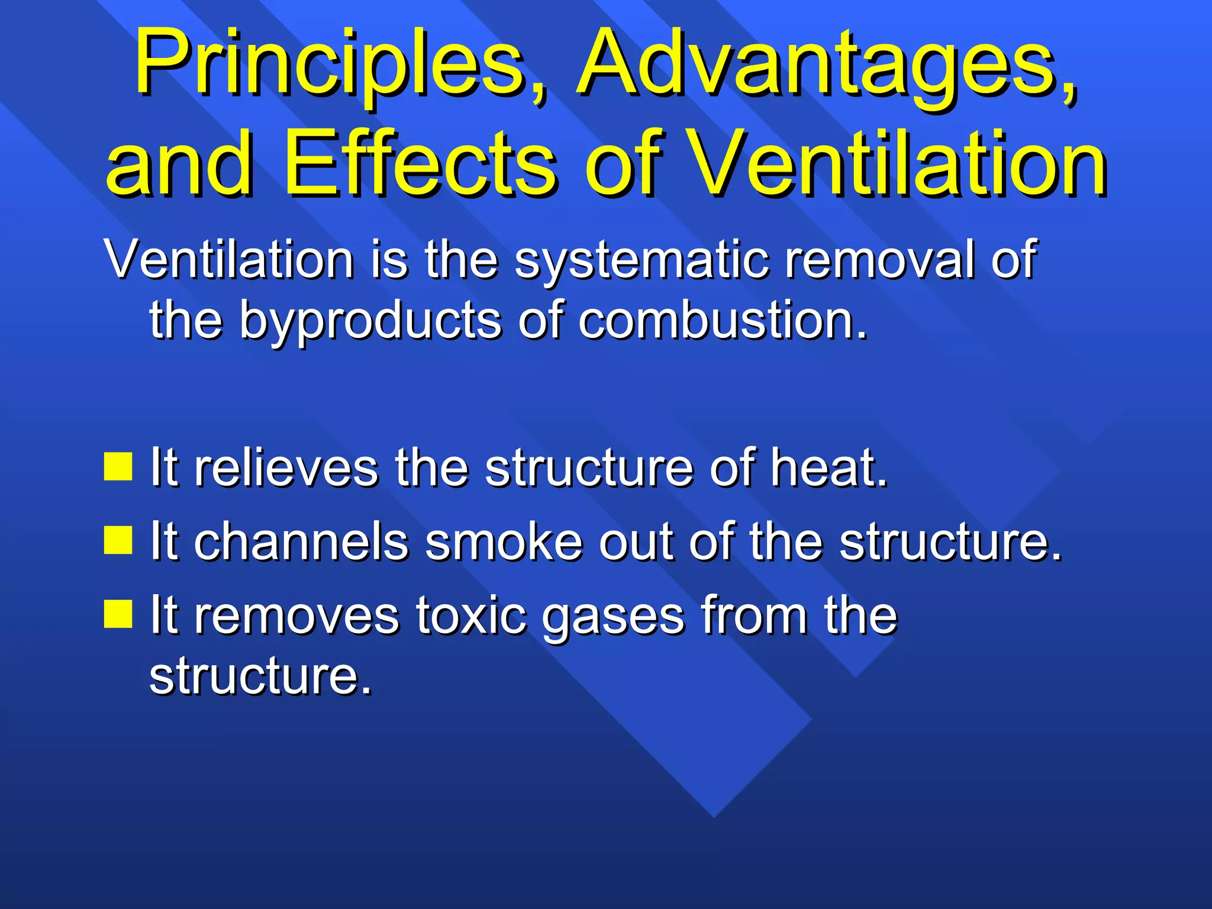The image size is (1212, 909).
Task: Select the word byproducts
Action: point(370,323)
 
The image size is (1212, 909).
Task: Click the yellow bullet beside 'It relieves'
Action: point(118,466)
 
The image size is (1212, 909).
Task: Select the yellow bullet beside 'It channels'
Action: point(118,540)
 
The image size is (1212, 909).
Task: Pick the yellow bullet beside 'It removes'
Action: point(118,613)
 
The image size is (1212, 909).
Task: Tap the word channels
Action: point(301,541)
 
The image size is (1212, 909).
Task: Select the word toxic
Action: point(470,615)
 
